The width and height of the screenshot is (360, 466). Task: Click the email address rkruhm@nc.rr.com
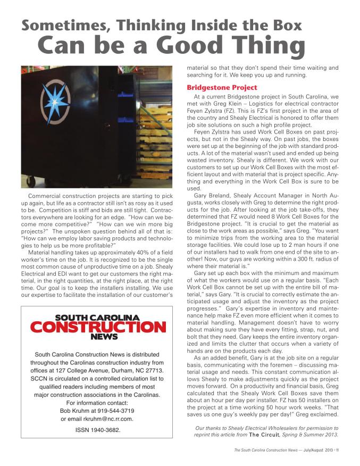[106, 419]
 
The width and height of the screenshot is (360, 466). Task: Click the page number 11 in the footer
[337, 450]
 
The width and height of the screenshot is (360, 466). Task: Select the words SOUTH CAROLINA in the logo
[97, 318]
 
